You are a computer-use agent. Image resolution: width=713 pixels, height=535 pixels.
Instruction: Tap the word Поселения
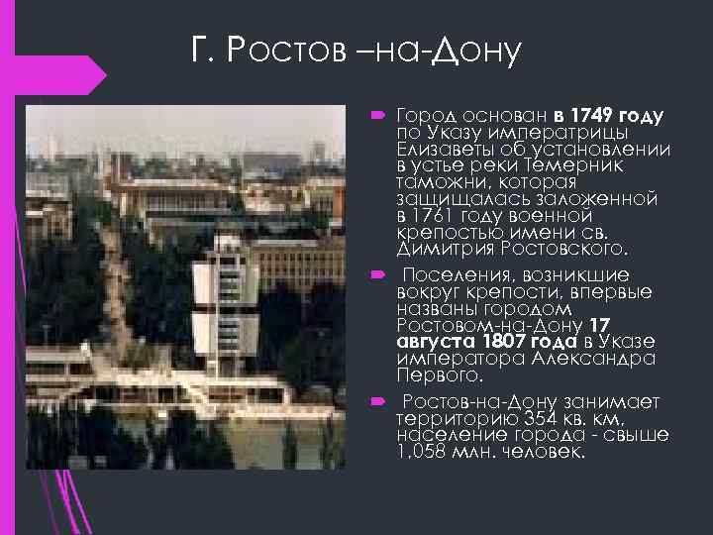click(458, 273)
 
